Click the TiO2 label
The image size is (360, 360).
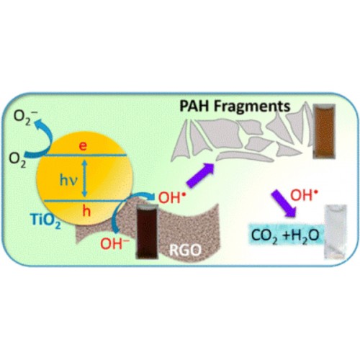click(x=46, y=220)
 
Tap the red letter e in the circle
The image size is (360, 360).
click(x=83, y=146)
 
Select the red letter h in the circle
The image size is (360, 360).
click(x=86, y=211)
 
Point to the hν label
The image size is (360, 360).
click(x=69, y=181)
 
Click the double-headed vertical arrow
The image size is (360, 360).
click(x=84, y=178)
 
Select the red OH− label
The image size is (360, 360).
click(x=114, y=243)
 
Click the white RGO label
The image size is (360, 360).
click(x=185, y=251)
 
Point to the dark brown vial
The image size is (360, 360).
click(x=147, y=231)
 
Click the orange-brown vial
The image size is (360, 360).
click(x=324, y=132)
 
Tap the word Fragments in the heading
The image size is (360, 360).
click(x=252, y=106)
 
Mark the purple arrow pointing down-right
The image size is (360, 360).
click(x=284, y=204)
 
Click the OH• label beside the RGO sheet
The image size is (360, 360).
click(x=172, y=198)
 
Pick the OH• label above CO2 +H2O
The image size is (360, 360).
click(x=305, y=195)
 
